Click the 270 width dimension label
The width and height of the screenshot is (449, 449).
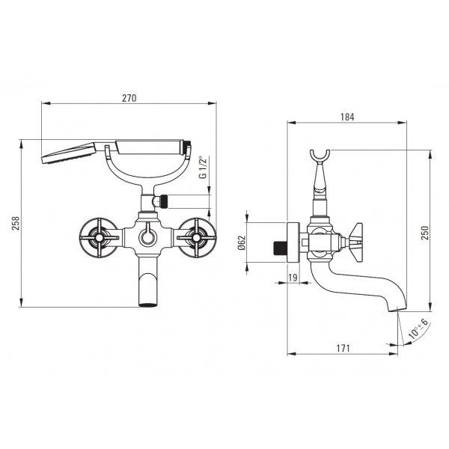point(129,98)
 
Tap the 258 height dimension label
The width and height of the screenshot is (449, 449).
point(16,223)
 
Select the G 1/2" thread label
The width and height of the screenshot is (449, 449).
point(203,167)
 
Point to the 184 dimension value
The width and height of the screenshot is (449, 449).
point(347,117)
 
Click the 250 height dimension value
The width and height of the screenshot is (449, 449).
point(426,233)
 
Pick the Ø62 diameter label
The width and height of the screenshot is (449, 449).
point(242,242)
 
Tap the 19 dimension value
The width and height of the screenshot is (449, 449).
point(293,278)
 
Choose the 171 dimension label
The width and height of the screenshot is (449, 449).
point(343,348)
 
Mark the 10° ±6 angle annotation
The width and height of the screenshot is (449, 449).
point(418,329)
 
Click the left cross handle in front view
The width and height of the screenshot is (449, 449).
point(99,237)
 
